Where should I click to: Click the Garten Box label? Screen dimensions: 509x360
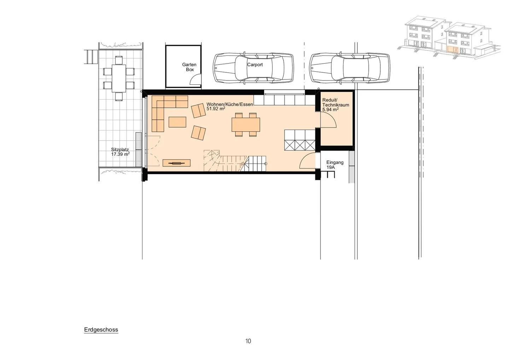point(189,67)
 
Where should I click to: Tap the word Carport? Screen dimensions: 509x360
point(255,65)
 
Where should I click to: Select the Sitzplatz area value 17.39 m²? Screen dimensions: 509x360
point(120,154)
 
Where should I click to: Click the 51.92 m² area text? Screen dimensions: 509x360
point(216,108)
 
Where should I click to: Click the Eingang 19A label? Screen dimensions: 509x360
point(335,165)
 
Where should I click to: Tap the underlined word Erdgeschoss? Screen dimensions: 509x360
point(101,330)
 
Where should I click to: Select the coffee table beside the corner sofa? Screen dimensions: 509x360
point(177,122)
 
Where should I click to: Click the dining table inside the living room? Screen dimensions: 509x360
point(246,124)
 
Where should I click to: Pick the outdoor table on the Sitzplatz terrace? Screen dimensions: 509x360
point(119,78)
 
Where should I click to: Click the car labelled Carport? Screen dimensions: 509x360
point(253,68)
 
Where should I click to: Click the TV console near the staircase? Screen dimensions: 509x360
point(177,163)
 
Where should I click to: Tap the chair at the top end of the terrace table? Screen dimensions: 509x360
point(119,60)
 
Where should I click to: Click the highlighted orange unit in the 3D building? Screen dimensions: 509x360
point(453,50)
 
